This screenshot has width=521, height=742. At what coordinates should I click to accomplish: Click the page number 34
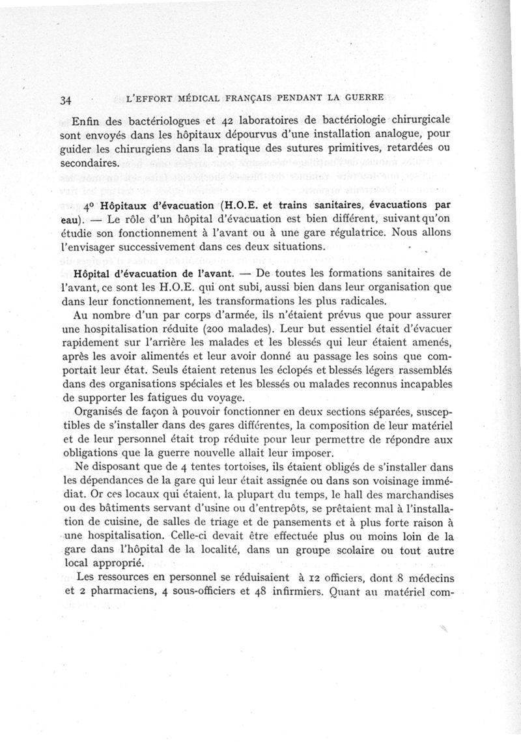64,100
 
